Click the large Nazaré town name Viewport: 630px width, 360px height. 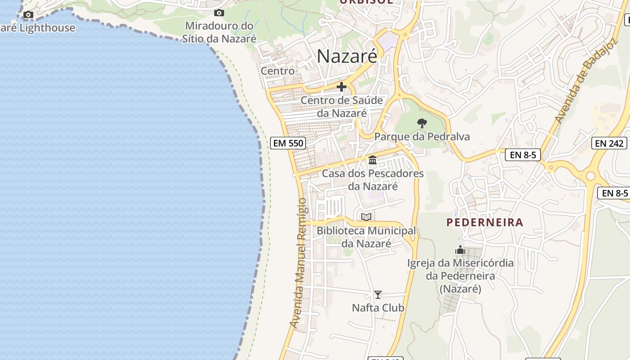click(x=347, y=57)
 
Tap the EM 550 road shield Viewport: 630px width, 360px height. click(x=288, y=144)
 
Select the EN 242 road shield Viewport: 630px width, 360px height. click(x=610, y=144)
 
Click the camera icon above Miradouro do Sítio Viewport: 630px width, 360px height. click(x=219, y=13)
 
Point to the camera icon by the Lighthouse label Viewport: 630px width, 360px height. click(x=28, y=14)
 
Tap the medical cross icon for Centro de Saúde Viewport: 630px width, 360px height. click(x=342, y=87)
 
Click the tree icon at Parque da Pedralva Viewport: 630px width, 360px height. click(x=422, y=123)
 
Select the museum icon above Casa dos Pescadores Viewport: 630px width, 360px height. click(x=373, y=160)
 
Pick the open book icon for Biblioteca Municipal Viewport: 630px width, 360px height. click(x=366, y=217)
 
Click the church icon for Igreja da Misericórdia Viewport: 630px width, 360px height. click(x=460, y=250)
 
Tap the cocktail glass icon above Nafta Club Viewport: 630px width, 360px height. click(x=378, y=295)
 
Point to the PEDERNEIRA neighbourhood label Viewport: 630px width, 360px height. click(x=485, y=222)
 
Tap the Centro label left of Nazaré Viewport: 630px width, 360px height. click(x=278, y=71)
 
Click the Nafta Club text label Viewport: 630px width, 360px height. click(x=378, y=308)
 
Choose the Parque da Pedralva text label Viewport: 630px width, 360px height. click(x=422, y=137)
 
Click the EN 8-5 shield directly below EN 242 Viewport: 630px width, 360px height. click(x=615, y=193)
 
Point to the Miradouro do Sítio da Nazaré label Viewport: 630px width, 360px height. click(x=219, y=32)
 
